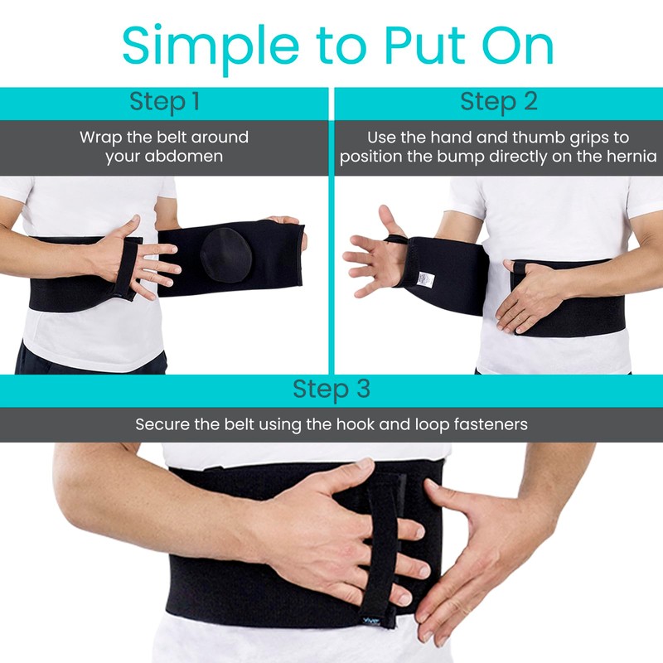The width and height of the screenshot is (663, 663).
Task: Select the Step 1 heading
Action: coord(164,102)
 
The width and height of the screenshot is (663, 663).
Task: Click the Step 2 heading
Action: coord(499,102)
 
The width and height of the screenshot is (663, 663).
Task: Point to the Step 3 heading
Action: coord(331,389)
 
